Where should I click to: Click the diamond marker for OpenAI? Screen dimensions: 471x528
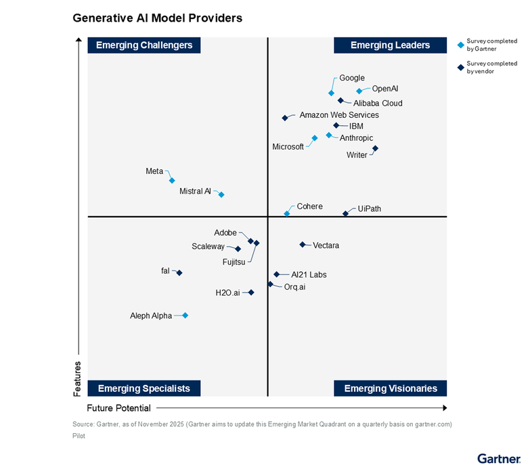[x=359, y=91]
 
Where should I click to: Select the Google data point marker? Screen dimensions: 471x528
[x=331, y=93]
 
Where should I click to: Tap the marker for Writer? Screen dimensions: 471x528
[x=375, y=148]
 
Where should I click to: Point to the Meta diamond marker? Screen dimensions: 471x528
[x=172, y=180]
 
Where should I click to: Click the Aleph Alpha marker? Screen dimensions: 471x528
[x=185, y=315]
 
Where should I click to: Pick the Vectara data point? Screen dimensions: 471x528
[x=303, y=244]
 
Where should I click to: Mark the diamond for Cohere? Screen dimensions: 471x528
[x=287, y=213]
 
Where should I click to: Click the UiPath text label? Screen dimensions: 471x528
[x=370, y=208]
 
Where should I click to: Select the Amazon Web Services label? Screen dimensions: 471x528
[x=339, y=115]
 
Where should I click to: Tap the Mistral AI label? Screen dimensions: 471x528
[x=196, y=192]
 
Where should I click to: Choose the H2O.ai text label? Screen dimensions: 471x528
[x=227, y=293]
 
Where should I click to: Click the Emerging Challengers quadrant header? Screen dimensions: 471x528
[x=144, y=45]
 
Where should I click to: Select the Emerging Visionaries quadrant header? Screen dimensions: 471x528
[x=391, y=388]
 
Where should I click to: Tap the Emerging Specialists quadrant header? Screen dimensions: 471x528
[x=144, y=388]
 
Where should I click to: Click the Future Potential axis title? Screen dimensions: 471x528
[x=118, y=408]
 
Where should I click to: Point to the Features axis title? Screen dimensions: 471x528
[x=77, y=378]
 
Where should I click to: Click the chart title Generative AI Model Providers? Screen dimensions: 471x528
[x=157, y=18]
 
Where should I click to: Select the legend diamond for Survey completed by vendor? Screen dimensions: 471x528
[x=460, y=67]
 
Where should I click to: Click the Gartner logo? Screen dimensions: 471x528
[x=499, y=458]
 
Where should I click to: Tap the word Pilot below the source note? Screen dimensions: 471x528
[x=79, y=436]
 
